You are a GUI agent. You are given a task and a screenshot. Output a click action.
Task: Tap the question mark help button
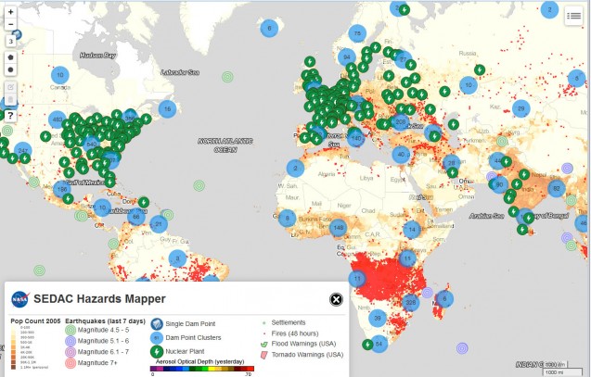pos(11,115)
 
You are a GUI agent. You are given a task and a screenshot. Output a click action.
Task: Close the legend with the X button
pos(337,299)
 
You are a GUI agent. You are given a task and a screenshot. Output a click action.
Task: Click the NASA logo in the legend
pos(20,300)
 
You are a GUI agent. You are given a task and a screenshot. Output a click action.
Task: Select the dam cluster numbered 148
pos(339,227)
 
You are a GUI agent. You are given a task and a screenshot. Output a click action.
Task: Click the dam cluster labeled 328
pos(411,302)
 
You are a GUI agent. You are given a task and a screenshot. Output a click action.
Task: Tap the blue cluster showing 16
pos(167,108)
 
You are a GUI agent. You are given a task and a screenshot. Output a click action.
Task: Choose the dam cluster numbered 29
pos(520,109)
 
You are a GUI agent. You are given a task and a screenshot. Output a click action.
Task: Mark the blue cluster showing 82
pos(556,189)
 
